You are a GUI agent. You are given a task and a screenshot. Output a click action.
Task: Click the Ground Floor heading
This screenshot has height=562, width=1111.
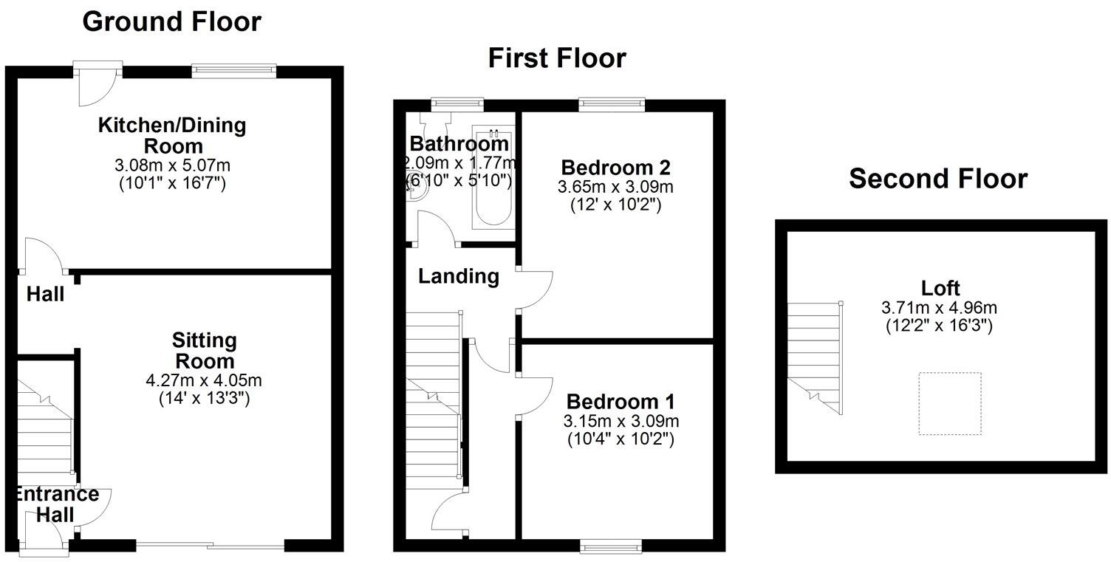(171, 22)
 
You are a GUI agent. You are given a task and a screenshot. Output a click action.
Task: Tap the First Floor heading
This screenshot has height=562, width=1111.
(556, 58)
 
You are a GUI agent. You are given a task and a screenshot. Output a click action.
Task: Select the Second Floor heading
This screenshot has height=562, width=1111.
(937, 179)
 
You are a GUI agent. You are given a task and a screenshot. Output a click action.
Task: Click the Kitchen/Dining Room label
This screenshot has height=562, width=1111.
(173, 134)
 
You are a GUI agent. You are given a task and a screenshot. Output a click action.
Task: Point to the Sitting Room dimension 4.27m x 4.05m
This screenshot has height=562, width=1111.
(204, 381)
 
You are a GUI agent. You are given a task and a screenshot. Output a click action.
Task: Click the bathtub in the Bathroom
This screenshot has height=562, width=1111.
(492, 177)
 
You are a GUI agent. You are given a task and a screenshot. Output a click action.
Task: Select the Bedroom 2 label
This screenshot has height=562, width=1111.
(615, 166)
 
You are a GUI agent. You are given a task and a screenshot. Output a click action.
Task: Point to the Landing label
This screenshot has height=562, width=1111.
(458, 277)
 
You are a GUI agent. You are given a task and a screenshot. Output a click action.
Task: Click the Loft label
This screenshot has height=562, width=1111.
(940, 288)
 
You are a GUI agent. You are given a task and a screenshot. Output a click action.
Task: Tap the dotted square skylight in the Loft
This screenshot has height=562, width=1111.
(949, 403)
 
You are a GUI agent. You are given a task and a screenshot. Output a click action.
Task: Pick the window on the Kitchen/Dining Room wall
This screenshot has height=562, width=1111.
(233, 71)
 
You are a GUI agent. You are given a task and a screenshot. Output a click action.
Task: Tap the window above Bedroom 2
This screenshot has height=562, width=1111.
(611, 104)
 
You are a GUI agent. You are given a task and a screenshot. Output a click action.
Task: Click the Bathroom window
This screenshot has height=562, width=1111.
(457, 104)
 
